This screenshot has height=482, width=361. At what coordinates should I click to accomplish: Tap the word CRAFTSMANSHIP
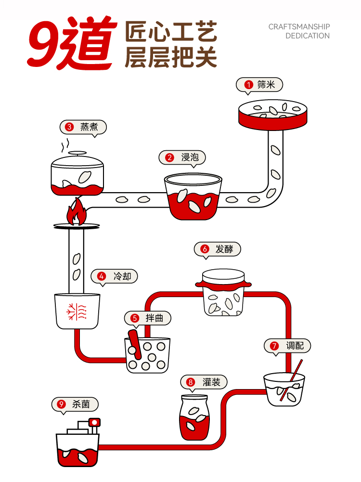[x=299, y=27]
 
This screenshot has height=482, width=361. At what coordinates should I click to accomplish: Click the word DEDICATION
[x=307, y=36]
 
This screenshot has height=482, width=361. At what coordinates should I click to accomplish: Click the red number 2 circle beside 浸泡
[x=169, y=157]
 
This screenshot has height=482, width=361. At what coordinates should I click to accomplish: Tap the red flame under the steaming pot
[x=76, y=212]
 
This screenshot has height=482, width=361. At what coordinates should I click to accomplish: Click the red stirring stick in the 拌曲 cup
[x=135, y=345]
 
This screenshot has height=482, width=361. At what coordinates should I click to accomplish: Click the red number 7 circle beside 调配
[x=274, y=346]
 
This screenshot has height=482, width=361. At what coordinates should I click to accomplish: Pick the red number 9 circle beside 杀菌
[x=61, y=404]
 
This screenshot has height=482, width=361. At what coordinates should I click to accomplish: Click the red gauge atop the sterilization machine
[x=94, y=423]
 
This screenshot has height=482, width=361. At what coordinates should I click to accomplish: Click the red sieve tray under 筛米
[x=273, y=118]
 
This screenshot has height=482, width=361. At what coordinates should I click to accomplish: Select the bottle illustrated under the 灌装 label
[x=193, y=418]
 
